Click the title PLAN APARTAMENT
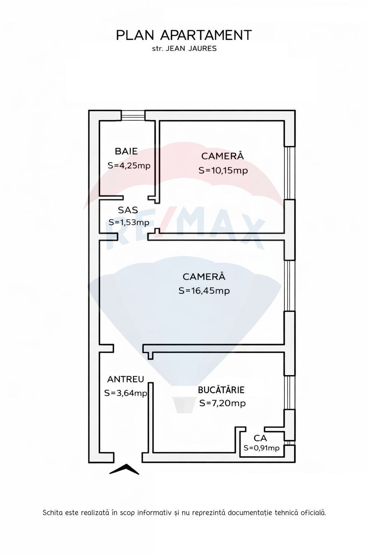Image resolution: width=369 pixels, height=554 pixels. (184, 35)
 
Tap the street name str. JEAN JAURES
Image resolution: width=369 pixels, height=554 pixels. (184, 49)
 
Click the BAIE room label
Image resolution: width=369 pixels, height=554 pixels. (126, 152)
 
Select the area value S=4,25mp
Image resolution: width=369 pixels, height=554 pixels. (129, 166)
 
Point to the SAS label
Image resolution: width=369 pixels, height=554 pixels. (128, 210)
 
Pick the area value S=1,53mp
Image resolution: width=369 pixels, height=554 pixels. (129, 222)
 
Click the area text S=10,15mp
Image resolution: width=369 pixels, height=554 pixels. (223, 170)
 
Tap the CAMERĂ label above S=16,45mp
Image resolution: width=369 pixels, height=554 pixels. (204, 277)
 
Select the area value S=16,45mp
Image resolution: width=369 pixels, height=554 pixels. (204, 291)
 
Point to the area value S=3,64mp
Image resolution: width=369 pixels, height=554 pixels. (126, 393)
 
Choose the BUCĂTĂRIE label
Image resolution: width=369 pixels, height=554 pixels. (221, 390)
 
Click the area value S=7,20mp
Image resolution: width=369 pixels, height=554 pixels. (222, 403)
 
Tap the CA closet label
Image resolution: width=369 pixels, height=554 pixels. (260, 438)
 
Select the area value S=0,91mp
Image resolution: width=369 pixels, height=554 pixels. (261, 448)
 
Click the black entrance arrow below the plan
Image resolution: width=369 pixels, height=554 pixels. (124, 469)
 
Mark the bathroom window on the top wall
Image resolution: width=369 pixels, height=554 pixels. (133, 115)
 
